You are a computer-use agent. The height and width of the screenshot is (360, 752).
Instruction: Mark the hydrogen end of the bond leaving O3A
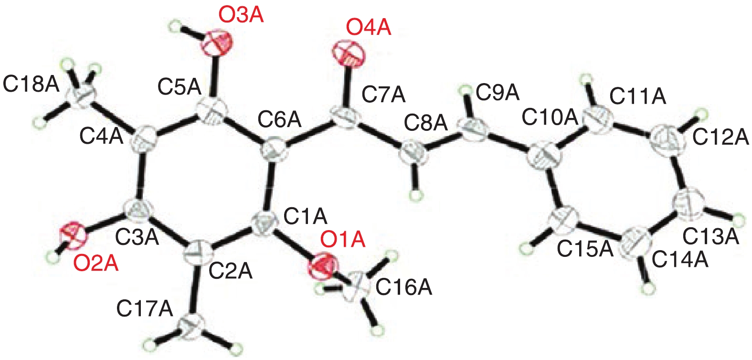point(176,26)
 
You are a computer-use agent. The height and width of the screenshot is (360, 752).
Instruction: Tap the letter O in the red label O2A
point(81,264)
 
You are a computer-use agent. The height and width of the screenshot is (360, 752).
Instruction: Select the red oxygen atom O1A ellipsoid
point(323,266)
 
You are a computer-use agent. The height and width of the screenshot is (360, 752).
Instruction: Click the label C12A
point(720,138)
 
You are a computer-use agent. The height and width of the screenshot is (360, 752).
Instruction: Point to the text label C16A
point(403,288)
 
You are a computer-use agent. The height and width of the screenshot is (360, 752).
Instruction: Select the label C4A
point(101,137)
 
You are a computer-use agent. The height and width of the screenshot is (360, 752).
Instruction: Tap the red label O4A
point(369,28)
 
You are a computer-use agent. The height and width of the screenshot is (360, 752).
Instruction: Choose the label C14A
point(680,260)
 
